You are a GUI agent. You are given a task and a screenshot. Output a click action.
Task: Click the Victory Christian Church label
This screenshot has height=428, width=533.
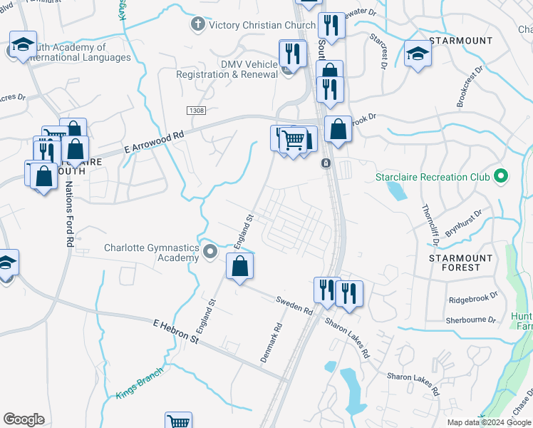262,26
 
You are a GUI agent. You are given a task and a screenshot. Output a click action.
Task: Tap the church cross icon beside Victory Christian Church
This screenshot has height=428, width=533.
197,25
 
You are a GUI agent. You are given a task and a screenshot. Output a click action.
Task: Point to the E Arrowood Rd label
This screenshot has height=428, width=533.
153,141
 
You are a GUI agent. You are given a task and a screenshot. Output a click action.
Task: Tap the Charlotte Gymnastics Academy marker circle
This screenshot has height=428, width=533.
210,252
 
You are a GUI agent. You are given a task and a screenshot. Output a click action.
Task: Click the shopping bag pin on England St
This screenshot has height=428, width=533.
240,267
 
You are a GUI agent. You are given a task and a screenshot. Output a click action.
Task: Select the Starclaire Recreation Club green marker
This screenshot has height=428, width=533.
501,175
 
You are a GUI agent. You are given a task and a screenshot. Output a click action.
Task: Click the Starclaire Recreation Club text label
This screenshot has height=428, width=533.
433,175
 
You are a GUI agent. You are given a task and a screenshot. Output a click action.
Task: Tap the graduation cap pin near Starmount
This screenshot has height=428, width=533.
418,53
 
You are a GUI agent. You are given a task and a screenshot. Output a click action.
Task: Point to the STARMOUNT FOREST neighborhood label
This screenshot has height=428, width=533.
460,263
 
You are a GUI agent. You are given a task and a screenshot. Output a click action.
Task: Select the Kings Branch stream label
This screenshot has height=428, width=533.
139,383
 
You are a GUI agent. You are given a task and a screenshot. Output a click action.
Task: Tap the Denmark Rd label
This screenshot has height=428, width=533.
271,342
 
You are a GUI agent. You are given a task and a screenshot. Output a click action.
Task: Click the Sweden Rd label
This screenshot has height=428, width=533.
294,306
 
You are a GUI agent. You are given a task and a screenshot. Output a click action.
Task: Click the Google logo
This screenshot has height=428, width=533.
24,419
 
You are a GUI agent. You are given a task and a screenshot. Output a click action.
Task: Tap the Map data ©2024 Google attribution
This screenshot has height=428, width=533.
489,422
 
